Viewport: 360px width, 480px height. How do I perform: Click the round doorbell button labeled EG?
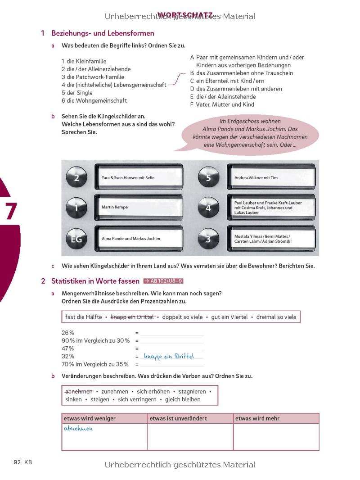(76, 239)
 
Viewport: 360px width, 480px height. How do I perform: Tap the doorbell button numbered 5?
(208, 178)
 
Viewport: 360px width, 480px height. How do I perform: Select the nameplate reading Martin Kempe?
(139, 207)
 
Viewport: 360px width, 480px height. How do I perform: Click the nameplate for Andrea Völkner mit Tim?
(271, 178)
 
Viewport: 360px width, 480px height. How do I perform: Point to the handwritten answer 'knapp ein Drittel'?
(169, 356)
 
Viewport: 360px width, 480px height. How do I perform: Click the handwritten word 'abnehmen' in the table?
(78, 429)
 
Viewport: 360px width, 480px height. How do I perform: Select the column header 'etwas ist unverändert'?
(178, 418)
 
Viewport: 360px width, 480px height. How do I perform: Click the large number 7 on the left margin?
(10, 211)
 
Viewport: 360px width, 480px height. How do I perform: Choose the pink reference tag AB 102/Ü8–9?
(163, 281)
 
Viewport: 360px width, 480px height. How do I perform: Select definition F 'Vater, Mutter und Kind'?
(222, 104)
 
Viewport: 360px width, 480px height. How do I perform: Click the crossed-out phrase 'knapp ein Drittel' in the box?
(132, 317)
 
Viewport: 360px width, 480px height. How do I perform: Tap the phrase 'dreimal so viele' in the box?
(276, 317)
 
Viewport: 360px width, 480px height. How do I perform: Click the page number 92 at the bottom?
(18, 462)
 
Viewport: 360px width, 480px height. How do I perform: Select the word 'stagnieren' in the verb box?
(192, 391)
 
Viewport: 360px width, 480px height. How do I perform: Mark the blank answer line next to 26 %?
(172, 333)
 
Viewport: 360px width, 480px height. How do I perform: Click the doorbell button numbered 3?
(208, 239)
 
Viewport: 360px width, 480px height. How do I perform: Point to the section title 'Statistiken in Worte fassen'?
(95, 281)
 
